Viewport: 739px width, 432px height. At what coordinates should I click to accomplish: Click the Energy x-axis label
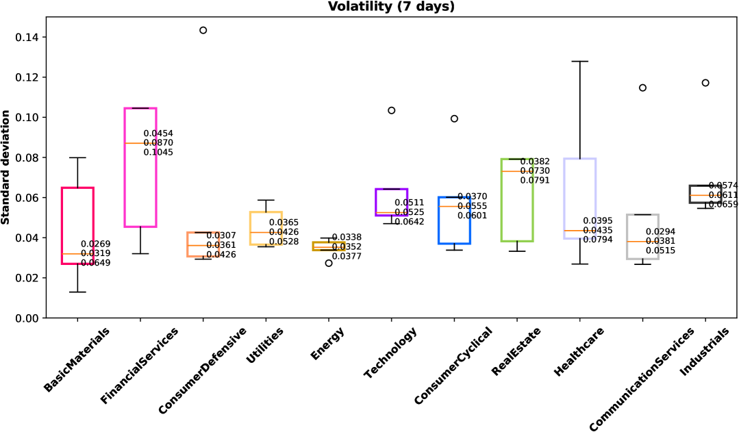pos(327,344)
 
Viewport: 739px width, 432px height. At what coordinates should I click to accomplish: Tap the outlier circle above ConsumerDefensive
pos(203,30)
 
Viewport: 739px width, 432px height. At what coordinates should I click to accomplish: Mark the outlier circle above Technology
pos(392,110)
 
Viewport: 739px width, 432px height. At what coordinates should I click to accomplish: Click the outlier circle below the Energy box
pos(329,263)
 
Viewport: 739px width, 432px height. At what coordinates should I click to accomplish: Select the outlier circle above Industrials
pos(705,83)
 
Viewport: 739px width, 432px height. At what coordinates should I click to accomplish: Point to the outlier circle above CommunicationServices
pos(642,88)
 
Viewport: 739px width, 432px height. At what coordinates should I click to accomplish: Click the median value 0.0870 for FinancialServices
pos(158,143)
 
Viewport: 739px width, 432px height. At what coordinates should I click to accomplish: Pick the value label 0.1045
pos(158,153)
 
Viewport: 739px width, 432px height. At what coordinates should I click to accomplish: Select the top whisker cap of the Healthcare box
pos(579,62)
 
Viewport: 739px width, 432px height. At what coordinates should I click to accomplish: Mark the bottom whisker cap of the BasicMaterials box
pos(77,292)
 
